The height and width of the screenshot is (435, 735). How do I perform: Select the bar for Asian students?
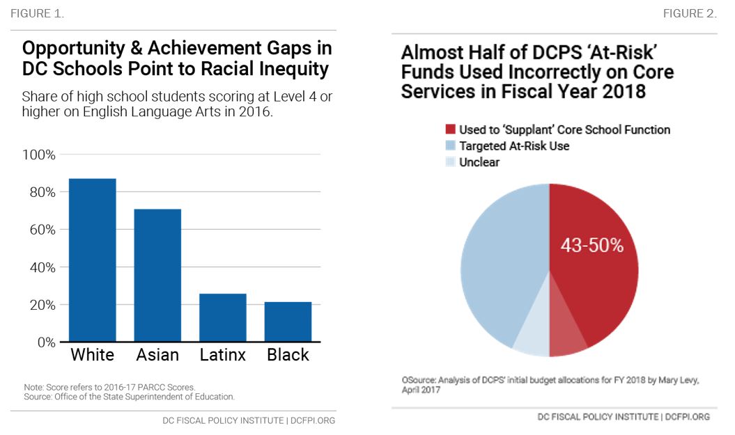pyautogui.click(x=157, y=275)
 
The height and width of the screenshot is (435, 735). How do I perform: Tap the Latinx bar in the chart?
pyautogui.click(x=222, y=317)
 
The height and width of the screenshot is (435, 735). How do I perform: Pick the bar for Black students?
pyautogui.click(x=288, y=322)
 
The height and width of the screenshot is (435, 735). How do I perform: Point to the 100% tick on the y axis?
pyautogui.click(x=39, y=154)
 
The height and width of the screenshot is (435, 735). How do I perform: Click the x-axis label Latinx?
pyautogui.click(x=222, y=355)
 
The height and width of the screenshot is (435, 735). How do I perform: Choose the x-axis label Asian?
pyautogui.click(x=157, y=355)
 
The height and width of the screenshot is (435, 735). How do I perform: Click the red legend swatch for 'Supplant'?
pyautogui.click(x=450, y=130)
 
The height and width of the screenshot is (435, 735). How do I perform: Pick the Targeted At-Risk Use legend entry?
pyautogui.click(x=514, y=146)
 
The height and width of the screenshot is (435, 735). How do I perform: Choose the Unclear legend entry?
pyautogui.click(x=479, y=162)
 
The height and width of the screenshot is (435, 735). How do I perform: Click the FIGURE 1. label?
pyautogui.click(x=36, y=14)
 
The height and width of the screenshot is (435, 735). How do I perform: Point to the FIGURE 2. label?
pyautogui.click(x=689, y=14)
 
